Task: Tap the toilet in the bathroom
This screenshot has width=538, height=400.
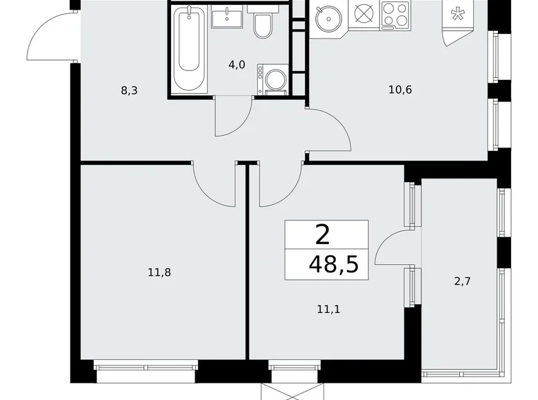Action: pos(262,26)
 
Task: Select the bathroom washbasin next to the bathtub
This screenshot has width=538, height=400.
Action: pos(224,17)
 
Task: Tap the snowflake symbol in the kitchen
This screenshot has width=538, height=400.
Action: pos(457,15)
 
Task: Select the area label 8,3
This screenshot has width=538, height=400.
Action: pos(129,90)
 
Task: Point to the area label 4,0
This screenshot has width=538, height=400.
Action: pos(237,66)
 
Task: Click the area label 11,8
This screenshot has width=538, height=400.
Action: pos(159,272)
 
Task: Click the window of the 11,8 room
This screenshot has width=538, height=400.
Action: pos(146,373)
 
